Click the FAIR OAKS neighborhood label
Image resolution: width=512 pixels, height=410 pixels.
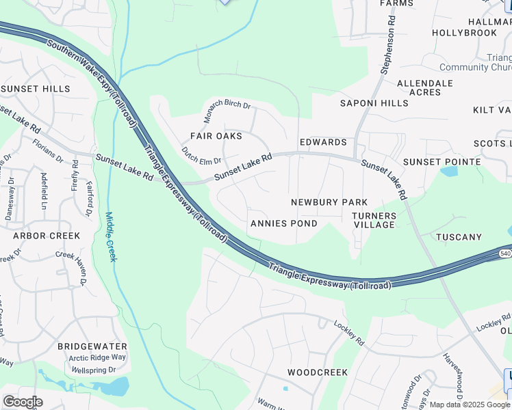coord(216,136)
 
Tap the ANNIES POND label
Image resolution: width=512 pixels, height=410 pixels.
coord(283,223)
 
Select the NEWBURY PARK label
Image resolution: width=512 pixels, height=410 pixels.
coord(329,202)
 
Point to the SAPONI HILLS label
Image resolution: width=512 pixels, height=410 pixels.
coord(374,103)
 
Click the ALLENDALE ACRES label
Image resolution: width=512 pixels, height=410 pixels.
coord(425,87)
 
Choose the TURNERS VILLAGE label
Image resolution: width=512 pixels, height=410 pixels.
coord(374,220)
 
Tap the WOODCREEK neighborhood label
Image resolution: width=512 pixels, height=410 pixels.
coord(318,372)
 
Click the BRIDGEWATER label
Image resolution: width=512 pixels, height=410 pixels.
coord(93,346)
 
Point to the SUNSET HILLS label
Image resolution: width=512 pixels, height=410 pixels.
coord(35,89)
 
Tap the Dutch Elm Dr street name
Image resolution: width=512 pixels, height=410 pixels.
coord(201,156)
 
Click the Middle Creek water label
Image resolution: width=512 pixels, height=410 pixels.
coord(111,236)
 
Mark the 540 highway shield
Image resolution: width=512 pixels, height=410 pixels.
coord(505,254)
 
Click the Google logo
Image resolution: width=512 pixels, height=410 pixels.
coord(23,402)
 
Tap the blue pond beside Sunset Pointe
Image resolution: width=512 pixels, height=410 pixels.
coord(450,172)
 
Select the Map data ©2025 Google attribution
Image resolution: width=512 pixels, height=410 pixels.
coord(470,405)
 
